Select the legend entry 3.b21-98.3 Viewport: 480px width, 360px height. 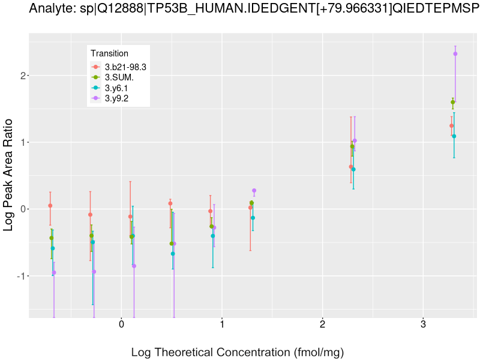125,67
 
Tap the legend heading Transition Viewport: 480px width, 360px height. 109,54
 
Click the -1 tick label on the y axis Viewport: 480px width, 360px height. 20,276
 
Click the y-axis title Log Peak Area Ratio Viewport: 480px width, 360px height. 9,174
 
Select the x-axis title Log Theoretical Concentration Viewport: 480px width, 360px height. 238,352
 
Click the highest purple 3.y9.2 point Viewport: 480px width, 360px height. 455,54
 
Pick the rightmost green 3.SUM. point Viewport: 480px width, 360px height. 453,103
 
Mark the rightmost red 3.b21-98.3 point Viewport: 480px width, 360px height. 451,126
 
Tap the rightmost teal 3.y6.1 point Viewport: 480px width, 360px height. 454,136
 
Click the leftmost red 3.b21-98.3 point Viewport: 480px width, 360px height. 50,206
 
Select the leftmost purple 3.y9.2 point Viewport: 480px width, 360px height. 54,272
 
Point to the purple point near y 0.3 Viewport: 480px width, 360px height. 254,191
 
